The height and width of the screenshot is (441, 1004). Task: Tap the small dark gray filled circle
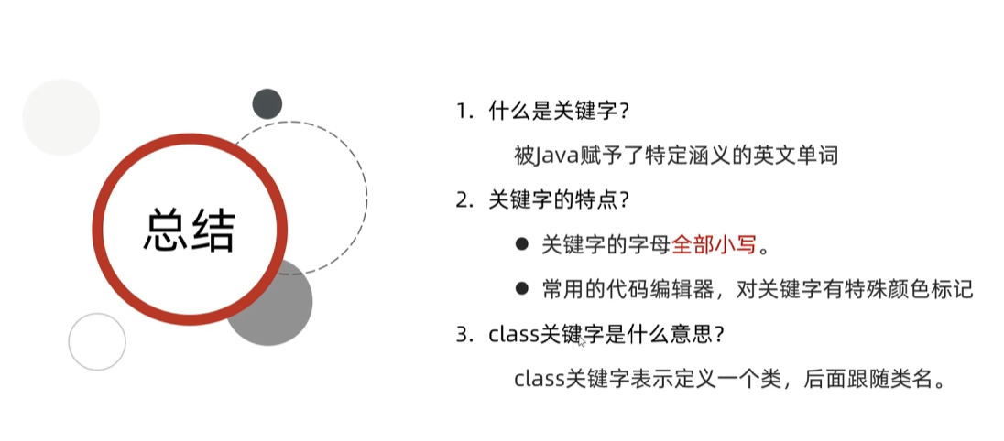click(x=267, y=103)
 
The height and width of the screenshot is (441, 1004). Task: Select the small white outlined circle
click(x=96, y=341)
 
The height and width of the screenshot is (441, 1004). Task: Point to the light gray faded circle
click(x=60, y=117)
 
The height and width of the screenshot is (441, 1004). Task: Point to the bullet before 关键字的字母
click(x=521, y=244)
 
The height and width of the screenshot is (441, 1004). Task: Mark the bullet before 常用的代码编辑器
click(x=521, y=289)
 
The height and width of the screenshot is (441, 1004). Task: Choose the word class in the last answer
click(x=539, y=379)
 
